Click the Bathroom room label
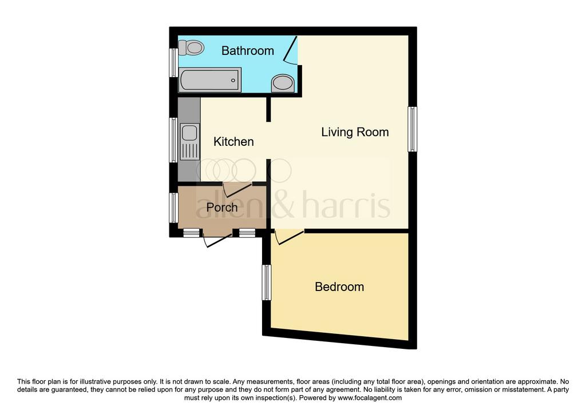[x=247, y=50]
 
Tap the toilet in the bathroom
[x=191, y=47]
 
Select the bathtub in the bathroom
[x=209, y=80]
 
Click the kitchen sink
[x=189, y=142]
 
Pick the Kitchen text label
[x=233, y=141]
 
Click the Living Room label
[x=355, y=132]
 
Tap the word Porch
[x=222, y=207]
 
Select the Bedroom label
[x=339, y=287]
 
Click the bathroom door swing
[x=290, y=50]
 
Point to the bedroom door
[x=289, y=238]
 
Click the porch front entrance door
[x=217, y=240]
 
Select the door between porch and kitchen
[x=237, y=190]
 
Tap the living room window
[x=412, y=129]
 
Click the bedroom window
[x=267, y=282]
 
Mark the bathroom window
[x=174, y=63]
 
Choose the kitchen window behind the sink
[x=174, y=140]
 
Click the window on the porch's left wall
[x=174, y=208]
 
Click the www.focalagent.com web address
[x=370, y=397]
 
